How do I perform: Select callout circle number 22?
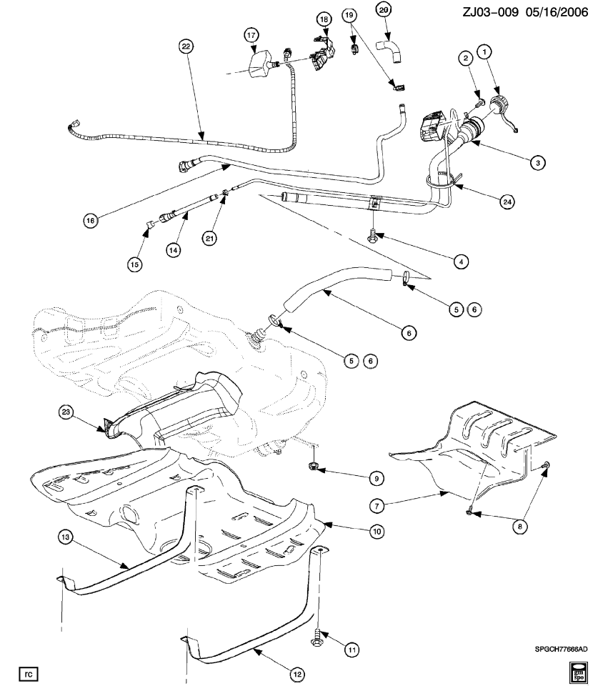(x=186, y=46)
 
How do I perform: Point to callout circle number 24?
(x=507, y=202)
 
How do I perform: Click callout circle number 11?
(x=352, y=650)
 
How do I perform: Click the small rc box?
(x=26, y=673)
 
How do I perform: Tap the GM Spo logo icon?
(x=577, y=672)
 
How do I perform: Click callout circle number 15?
(x=135, y=264)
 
